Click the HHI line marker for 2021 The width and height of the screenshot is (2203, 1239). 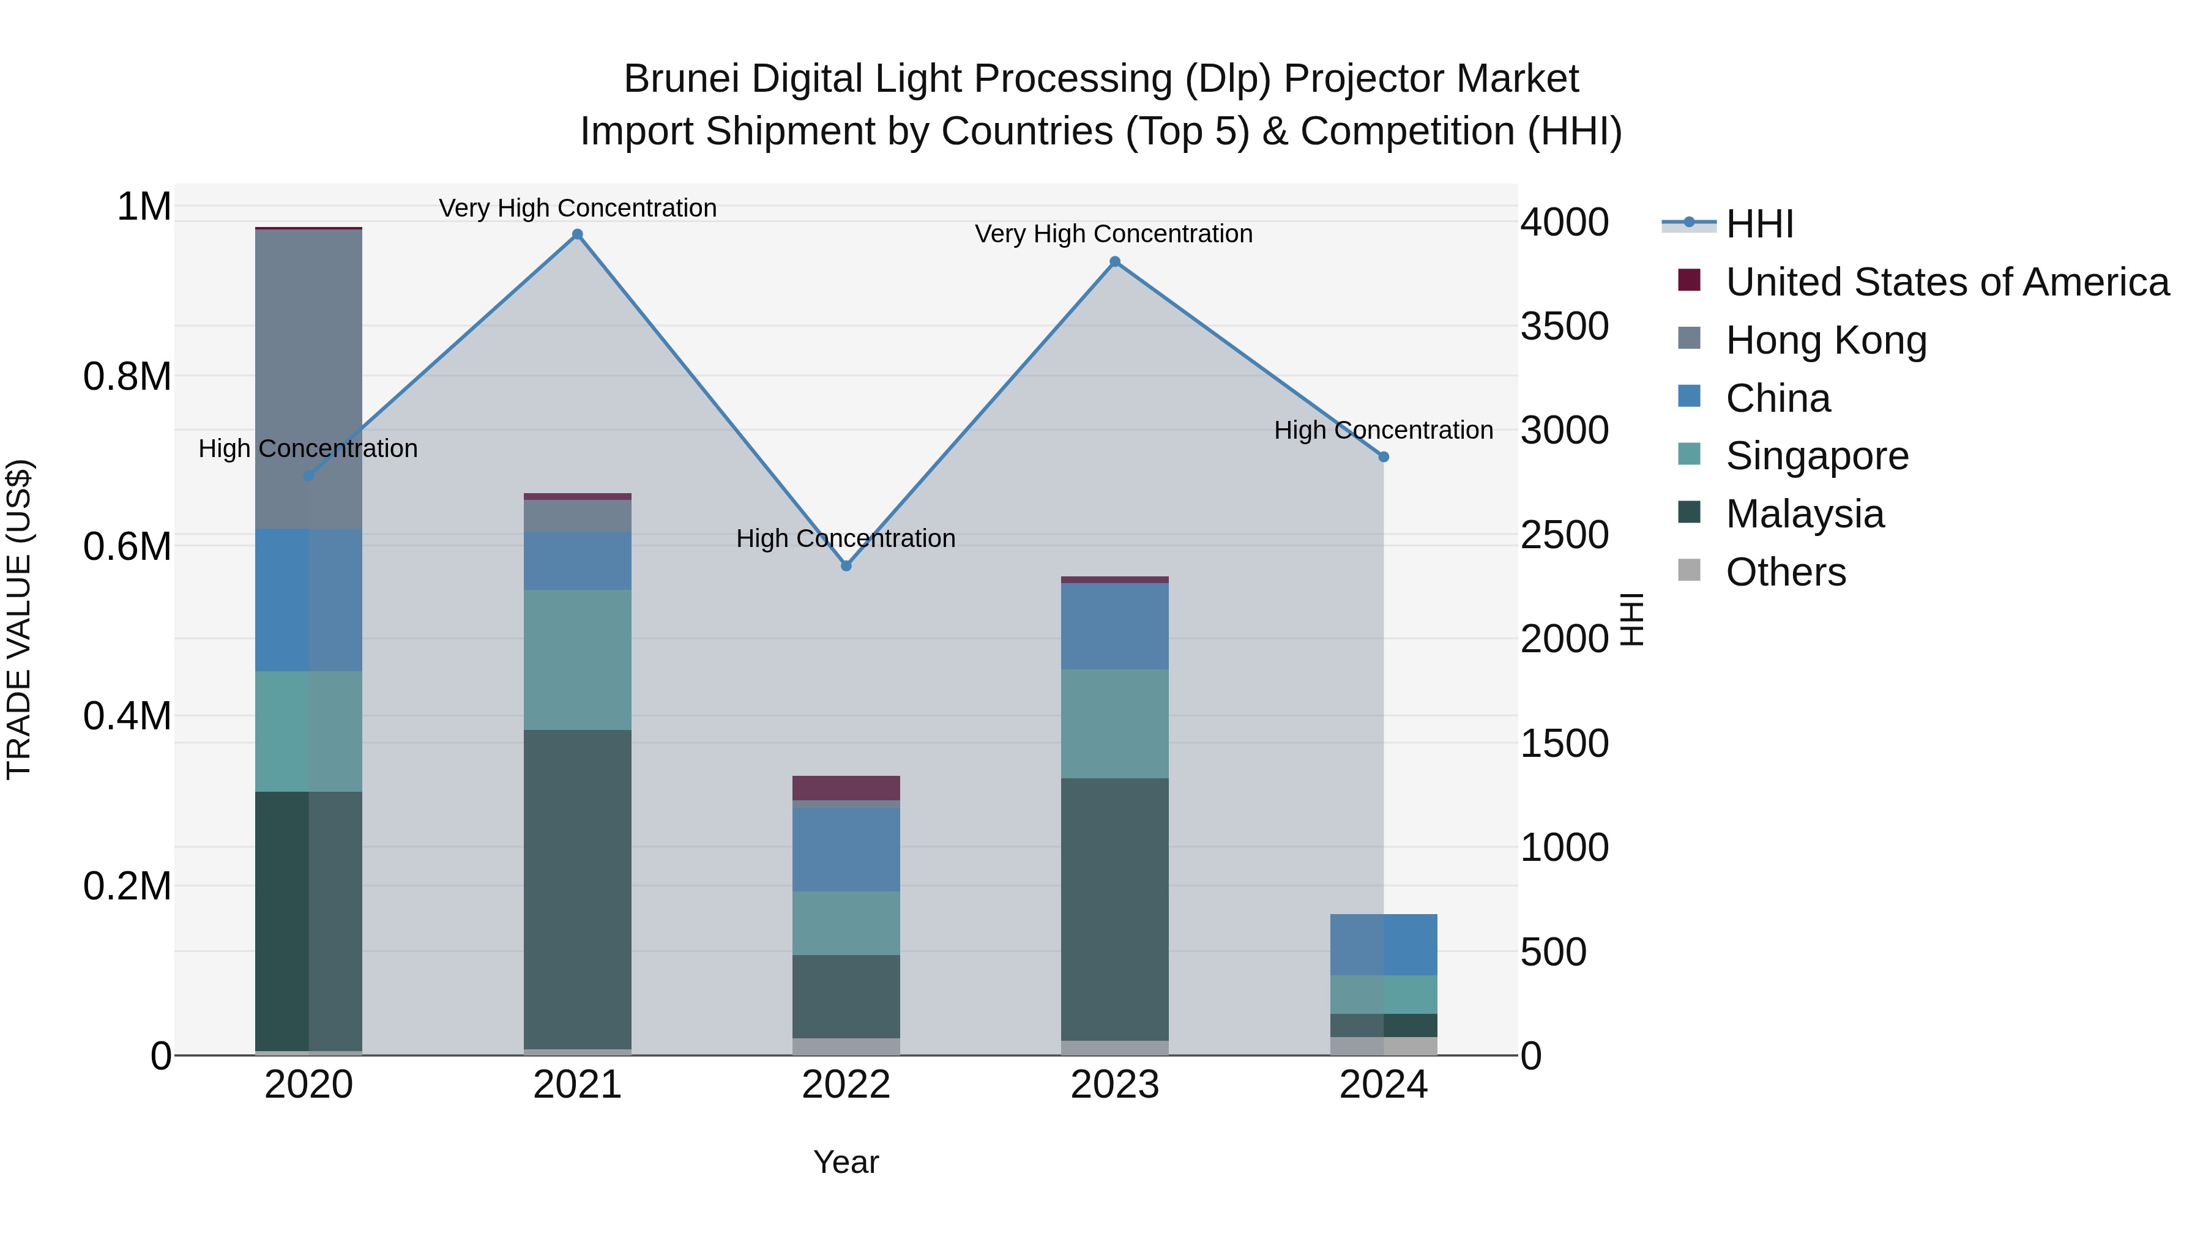tap(577, 234)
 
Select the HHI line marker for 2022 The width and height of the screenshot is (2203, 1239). tap(846, 566)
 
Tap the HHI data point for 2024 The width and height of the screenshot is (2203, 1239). tap(1384, 456)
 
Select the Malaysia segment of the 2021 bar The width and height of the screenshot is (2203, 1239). tap(577, 889)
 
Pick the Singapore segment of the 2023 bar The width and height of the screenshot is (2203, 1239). tap(1114, 723)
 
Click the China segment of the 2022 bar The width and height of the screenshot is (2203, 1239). tap(846, 850)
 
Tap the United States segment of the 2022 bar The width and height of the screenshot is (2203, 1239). tap(846, 787)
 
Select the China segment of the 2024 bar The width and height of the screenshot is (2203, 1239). tap(1384, 944)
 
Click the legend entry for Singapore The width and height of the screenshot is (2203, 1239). tap(1816, 456)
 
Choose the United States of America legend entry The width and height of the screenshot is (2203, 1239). tap(1947, 282)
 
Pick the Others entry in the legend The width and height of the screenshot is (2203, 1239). tap(1785, 572)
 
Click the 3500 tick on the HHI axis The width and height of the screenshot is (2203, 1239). tap(1564, 327)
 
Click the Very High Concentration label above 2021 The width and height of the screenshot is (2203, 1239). tap(577, 208)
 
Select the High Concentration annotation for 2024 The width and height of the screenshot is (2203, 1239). tap(1383, 430)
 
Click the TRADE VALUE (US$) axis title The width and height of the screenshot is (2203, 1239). tap(19, 619)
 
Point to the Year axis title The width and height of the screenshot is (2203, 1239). tap(846, 1162)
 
